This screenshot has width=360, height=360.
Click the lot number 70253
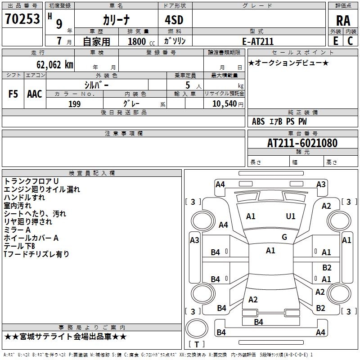(22, 19)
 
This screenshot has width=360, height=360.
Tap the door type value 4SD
(175, 19)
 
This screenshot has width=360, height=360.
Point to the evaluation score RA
(343, 20)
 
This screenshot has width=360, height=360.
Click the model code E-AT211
(258, 41)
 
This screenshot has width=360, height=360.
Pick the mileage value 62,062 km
(50, 64)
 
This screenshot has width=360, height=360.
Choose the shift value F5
(13, 94)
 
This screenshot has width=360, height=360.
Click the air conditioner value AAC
(35, 94)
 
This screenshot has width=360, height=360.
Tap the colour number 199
(74, 104)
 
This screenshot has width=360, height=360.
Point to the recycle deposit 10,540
(223, 104)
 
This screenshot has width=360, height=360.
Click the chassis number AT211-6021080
(302, 143)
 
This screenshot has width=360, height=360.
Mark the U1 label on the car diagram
(291, 216)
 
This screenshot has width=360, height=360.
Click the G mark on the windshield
(284, 237)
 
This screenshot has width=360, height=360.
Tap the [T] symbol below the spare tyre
(197, 344)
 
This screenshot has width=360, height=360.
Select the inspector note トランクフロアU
(31, 181)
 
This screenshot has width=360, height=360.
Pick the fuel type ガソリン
(175, 41)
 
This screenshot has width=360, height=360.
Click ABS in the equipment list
(258, 121)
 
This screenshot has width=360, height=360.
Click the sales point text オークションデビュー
(288, 63)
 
